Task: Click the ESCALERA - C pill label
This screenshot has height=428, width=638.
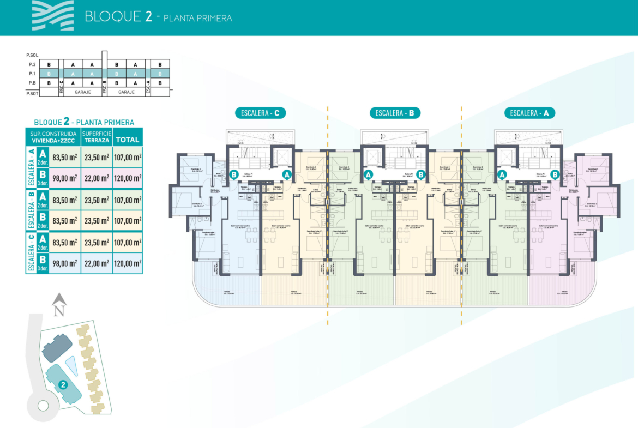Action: [x=260, y=113]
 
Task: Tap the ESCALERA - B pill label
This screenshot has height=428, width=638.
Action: [x=395, y=113]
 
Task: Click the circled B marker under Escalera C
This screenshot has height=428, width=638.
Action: [x=234, y=174]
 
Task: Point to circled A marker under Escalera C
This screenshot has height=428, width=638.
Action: [x=286, y=174]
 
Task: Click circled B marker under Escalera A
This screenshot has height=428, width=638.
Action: [x=555, y=174]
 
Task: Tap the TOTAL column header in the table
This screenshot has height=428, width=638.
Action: [x=128, y=140]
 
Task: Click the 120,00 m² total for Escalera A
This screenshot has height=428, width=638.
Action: [x=128, y=178]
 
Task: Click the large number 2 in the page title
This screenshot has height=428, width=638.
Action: [x=148, y=16]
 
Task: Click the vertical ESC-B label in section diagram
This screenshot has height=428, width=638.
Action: [x=105, y=83]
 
